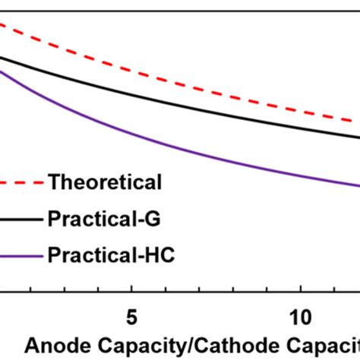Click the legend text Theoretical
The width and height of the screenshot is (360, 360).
[x=104, y=182]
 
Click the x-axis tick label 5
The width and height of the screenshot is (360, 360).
[x=132, y=316]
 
